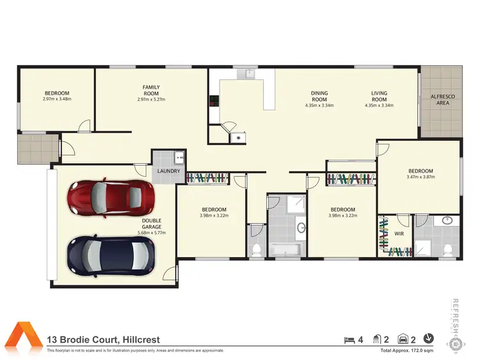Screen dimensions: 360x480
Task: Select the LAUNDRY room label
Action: tap(168, 171)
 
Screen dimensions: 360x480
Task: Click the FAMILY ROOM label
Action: tap(151, 91)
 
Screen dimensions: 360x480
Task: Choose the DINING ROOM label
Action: tap(319, 97)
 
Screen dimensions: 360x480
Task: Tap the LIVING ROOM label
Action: tap(379, 97)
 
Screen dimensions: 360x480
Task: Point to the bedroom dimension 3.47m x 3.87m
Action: tap(420, 177)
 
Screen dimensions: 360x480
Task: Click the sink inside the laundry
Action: tap(179, 156)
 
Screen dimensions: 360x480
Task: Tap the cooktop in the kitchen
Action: tap(213, 100)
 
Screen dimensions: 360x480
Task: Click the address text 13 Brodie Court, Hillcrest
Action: tap(104, 340)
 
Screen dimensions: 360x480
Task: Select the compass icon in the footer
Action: tap(429, 339)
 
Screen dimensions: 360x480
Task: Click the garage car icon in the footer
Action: tap(403, 340)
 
